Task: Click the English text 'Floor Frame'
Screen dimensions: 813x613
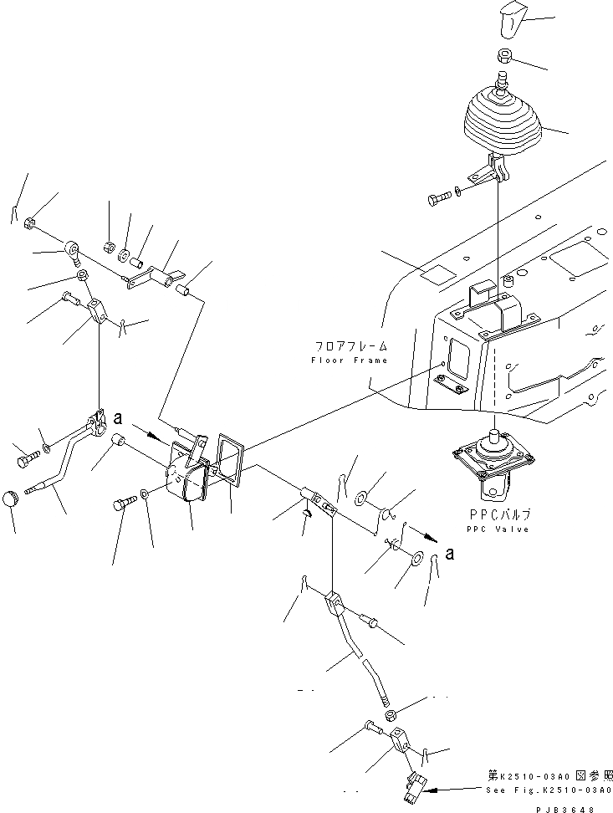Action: pyautogui.click(x=350, y=360)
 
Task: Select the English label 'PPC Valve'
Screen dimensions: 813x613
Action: pyautogui.click(x=498, y=529)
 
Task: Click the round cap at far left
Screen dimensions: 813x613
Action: pyautogui.click(x=13, y=498)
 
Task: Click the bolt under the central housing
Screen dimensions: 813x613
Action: pyautogui.click(x=122, y=505)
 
